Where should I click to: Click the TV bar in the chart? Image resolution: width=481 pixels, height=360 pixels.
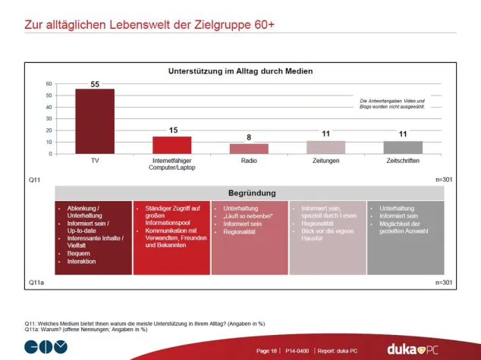95,121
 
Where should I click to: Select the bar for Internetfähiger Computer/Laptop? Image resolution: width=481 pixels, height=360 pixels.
171,145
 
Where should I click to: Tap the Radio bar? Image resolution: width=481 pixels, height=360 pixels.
249,149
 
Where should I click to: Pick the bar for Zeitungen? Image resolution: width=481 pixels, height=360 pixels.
325,147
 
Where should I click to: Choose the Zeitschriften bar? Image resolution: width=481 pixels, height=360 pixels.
403,147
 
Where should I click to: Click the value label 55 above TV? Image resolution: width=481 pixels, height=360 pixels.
95,84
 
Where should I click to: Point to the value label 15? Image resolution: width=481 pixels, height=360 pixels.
172,130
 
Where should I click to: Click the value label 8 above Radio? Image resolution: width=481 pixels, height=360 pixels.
249,138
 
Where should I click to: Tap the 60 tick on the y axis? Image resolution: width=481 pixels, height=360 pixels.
49,84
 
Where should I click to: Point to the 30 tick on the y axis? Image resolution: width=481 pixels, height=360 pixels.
49,119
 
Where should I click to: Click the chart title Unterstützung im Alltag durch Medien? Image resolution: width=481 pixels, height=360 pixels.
240,70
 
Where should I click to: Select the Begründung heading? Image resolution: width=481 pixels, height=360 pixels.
248,193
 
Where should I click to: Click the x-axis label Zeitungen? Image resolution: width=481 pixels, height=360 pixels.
325,161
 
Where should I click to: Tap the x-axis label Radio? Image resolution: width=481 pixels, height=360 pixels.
249,161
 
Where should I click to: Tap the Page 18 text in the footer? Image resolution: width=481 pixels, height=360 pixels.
267,351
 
